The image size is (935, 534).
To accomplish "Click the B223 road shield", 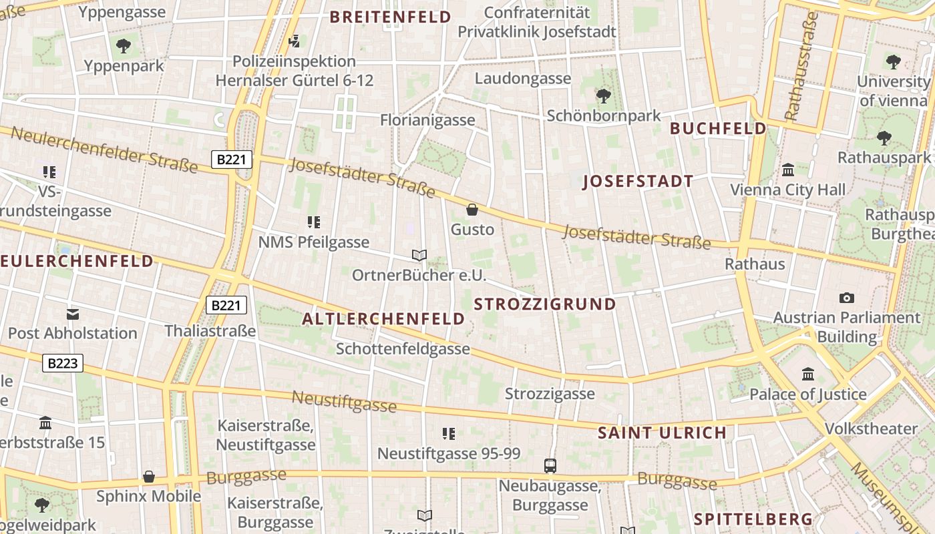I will (63, 363).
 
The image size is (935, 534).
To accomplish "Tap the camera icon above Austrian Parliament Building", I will (847, 298).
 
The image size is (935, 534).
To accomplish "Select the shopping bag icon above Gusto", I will (472, 210).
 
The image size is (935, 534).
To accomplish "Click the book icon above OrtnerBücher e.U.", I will (419, 255).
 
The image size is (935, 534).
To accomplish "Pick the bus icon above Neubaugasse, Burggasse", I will (550, 466).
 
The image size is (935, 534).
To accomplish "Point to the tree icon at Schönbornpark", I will (604, 96).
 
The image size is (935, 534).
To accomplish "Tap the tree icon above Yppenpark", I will (124, 46).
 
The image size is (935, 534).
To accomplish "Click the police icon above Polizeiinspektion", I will (294, 42).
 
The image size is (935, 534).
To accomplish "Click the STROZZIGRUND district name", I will (545, 304).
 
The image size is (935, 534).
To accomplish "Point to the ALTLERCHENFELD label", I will (383, 319).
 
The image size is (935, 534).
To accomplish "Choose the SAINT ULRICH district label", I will (662, 433).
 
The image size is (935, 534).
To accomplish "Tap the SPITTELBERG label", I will (753, 519).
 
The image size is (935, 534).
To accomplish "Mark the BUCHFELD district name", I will (718, 128).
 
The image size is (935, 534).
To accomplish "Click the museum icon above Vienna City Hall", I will (787, 170).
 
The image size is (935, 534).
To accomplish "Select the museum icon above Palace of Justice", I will (808, 374).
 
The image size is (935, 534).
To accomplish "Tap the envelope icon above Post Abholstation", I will (73, 314).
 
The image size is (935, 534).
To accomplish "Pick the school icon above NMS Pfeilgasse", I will (314, 222).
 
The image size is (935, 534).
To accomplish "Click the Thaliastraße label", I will (210, 331).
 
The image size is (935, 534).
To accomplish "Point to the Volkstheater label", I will (871, 429).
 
